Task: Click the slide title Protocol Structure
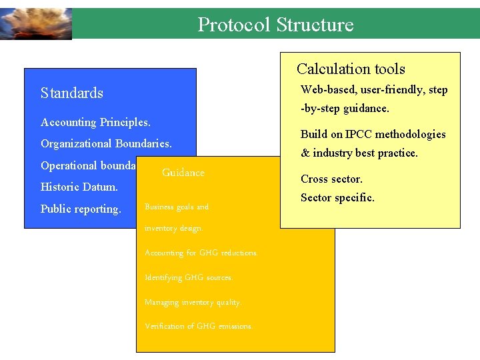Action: pyautogui.click(x=275, y=25)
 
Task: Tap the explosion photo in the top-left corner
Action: pyautogui.click(x=35, y=24)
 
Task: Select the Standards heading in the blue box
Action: pyautogui.click(x=72, y=93)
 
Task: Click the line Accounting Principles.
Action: pyautogui.click(x=95, y=122)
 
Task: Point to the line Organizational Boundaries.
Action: pyautogui.click(x=106, y=143)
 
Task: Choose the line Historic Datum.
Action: pyautogui.click(x=79, y=187)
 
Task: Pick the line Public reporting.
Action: pyautogui.click(x=81, y=209)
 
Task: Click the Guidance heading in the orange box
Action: pyautogui.click(x=183, y=173)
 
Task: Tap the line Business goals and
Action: pyautogui.click(x=177, y=207)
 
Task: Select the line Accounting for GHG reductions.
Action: pyautogui.click(x=201, y=253)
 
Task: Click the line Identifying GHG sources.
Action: pyautogui.click(x=189, y=277)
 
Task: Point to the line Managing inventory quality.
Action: pyautogui.click(x=193, y=302)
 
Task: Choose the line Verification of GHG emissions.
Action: pyautogui.click(x=199, y=326)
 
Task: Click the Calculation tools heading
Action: pyautogui.click(x=351, y=69)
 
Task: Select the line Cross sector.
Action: pyautogui.click(x=331, y=179)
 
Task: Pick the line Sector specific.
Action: pyautogui.click(x=337, y=197)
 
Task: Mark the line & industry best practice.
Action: pyautogui.click(x=359, y=153)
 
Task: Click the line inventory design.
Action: pyautogui.click(x=173, y=228)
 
